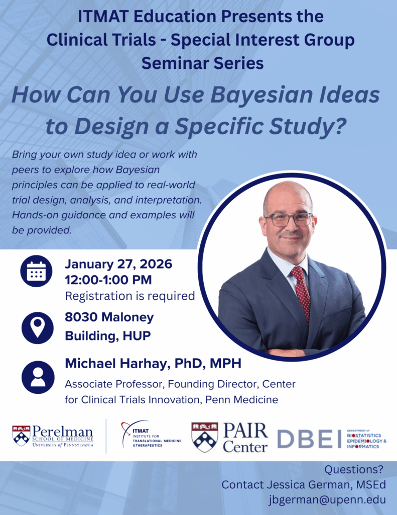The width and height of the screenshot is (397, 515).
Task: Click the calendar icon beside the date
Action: pos(36,272)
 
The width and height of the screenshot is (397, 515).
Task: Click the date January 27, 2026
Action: pos(118,264)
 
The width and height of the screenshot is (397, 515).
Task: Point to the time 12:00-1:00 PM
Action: pos(108,280)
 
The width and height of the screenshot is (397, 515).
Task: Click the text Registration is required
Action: pos(130,296)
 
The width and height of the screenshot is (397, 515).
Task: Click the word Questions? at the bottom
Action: pos(354,470)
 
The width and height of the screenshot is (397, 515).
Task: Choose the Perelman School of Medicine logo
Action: pos(53,436)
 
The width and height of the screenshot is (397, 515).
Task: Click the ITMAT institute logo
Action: pos(151,436)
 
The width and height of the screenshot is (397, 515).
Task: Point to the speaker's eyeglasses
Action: pos(288,219)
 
